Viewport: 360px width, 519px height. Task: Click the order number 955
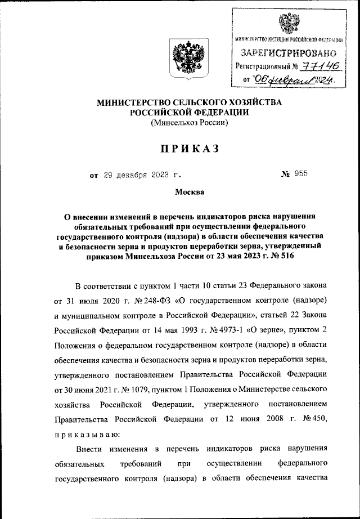tap(300, 175)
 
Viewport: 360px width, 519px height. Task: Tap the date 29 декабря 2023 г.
tap(142, 175)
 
